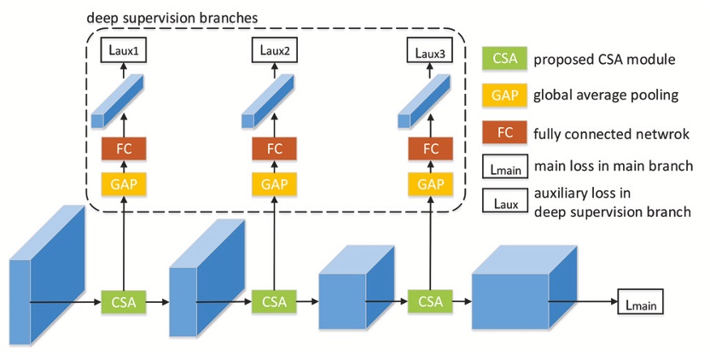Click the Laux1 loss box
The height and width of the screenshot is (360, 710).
click(x=125, y=52)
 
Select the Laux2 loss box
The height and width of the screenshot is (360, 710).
click(x=275, y=52)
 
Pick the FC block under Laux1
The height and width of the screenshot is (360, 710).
click(x=125, y=148)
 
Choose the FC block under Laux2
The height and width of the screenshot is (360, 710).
click(x=275, y=148)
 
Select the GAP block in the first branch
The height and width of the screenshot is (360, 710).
click(x=125, y=183)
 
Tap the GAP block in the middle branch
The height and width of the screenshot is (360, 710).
click(x=275, y=183)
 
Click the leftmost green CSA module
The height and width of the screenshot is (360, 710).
click(x=125, y=302)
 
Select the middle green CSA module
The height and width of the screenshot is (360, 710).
click(x=275, y=302)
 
